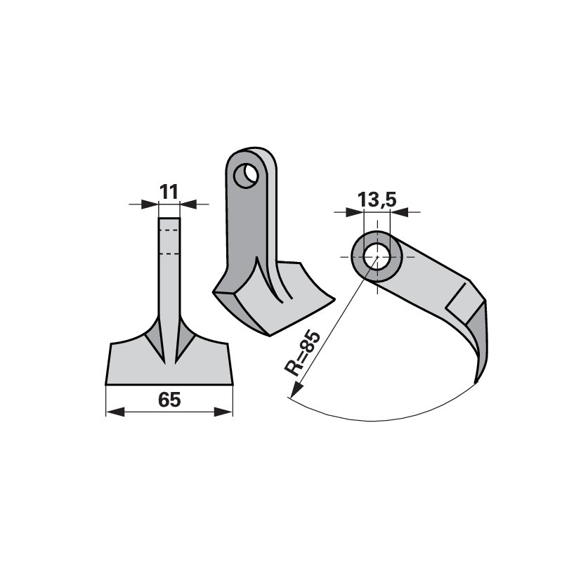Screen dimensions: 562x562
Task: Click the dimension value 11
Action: click(169, 192)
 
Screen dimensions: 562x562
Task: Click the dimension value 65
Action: click(169, 400)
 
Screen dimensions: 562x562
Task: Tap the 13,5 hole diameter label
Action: click(377, 200)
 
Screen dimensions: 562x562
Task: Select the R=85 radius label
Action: click(302, 353)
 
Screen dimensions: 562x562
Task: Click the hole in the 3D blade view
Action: click(246, 176)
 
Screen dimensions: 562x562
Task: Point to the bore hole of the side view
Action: click(377, 256)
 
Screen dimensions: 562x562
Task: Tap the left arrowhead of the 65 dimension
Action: click(115, 412)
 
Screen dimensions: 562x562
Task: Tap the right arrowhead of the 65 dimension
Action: click(223, 412)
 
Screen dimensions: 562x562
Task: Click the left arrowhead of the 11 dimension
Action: click(150, 204)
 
